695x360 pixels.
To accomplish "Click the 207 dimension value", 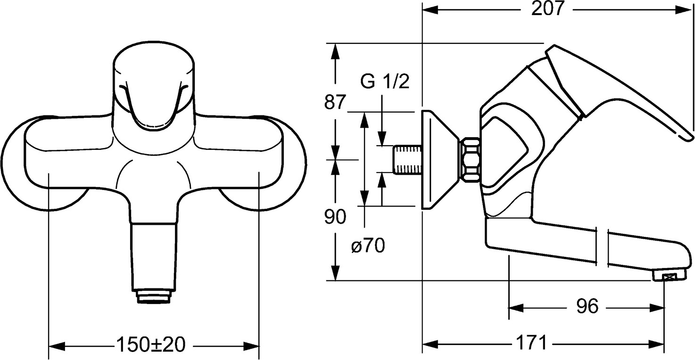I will point(548,9).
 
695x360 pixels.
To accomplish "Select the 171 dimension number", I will point(530,343).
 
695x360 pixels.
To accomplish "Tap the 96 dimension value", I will point(587,307).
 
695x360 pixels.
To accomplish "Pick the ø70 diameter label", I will point(368,245).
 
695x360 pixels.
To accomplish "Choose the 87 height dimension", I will point(335,102).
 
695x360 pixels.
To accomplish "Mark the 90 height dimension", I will point(335,217).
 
